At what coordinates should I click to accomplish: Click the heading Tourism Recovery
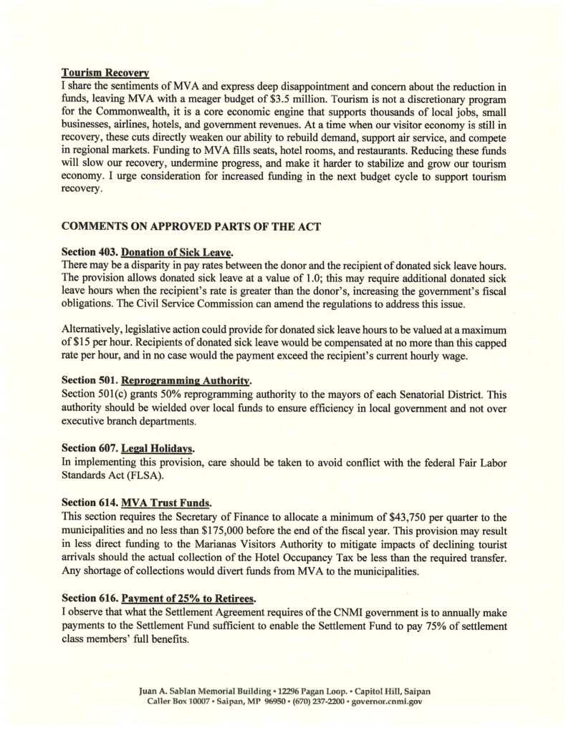click(x=105, y=72)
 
